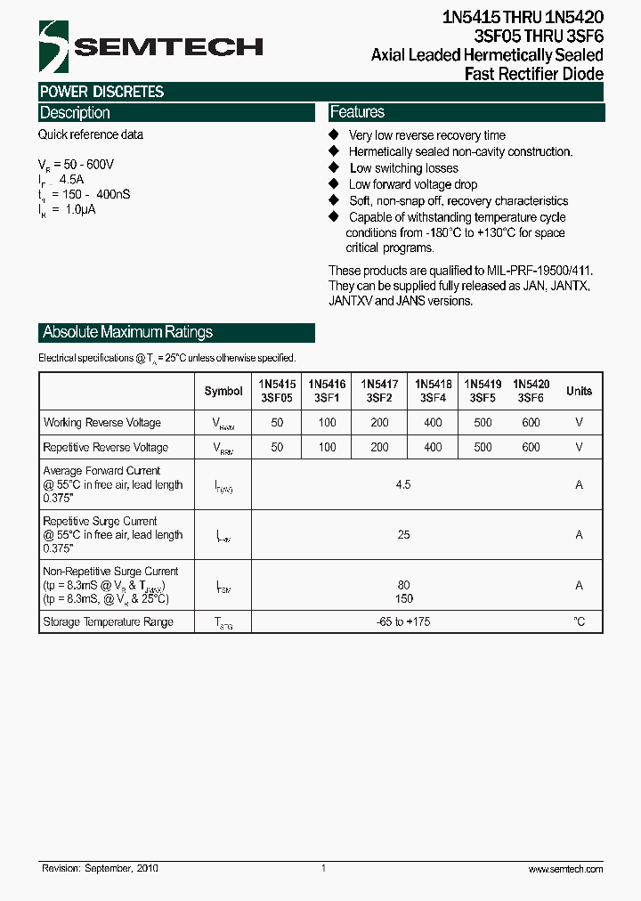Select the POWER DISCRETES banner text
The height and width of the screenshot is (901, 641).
coord(101,92)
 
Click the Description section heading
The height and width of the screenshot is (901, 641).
coord(75,113)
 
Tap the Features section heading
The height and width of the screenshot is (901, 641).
coord(357,112)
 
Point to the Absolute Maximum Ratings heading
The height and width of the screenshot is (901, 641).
coord(128,332)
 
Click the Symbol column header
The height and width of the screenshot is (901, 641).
coord(223,391)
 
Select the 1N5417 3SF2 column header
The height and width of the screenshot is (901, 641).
coord(380,391)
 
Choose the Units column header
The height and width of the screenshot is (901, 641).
coord(579,391)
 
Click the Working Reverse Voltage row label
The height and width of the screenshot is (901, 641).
coord(102,422)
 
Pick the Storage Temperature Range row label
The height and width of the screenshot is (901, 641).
coord(108,621)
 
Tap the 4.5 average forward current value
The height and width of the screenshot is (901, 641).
coord(403,484)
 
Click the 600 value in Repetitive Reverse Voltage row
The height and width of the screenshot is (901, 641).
coord(531,447)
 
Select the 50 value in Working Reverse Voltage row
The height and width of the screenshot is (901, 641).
coord(277,422)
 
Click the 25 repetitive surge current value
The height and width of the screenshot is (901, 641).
coord(403,534)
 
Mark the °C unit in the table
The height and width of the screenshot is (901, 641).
coord(579,621)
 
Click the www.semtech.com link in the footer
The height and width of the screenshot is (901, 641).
coord(565,868)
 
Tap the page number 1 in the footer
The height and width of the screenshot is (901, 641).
coord(323,868)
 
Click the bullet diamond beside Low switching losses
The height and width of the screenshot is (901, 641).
coord(334,167)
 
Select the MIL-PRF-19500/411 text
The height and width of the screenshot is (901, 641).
coord(539,271)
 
